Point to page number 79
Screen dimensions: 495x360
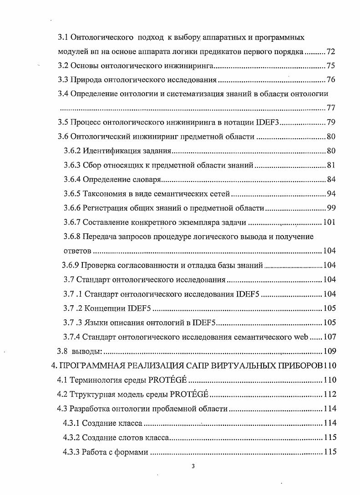click(331, 122)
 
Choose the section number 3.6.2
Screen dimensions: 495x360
click(72, 151)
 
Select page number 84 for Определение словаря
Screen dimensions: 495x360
click(331, 179)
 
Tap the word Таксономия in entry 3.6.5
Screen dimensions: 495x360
click(104, 194)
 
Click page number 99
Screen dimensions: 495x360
click(331, 208)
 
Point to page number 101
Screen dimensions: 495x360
click(329, 222)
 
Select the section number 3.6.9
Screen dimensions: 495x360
click(71, 265)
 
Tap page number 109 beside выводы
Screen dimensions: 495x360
click(329, 351)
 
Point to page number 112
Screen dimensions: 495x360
click(329, 394)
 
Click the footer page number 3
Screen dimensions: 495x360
click(193, 465)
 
